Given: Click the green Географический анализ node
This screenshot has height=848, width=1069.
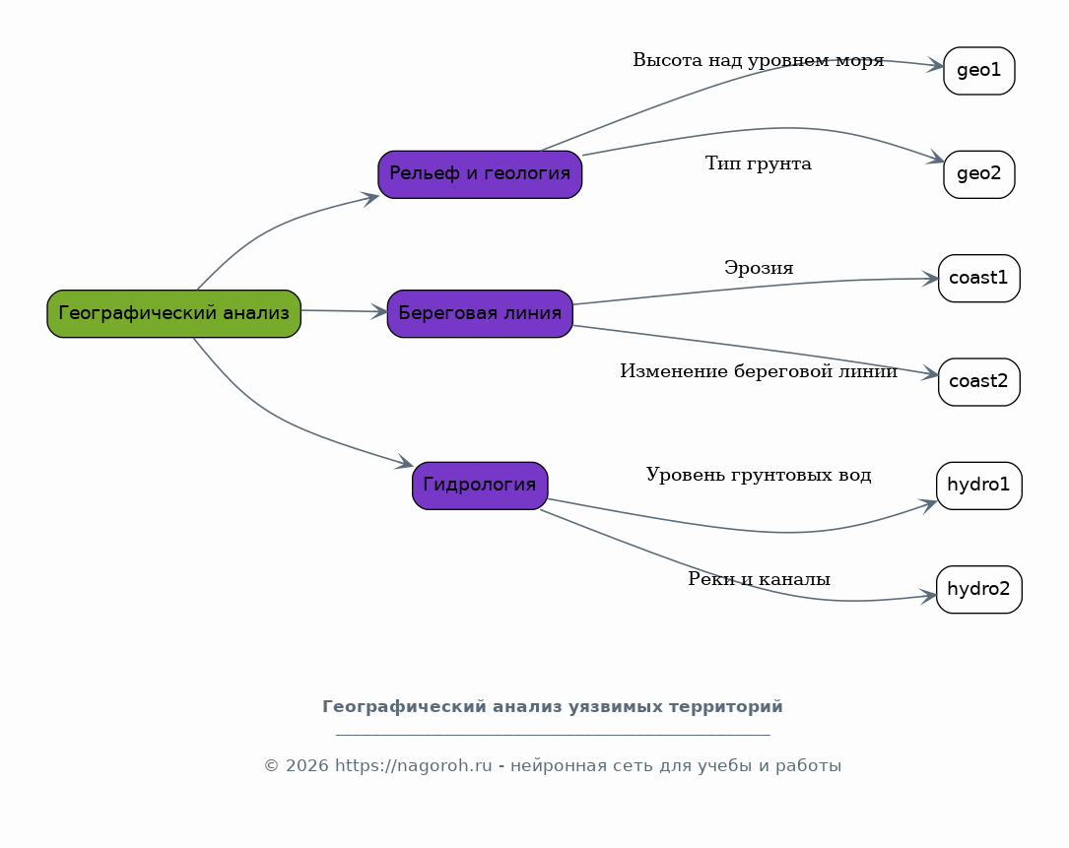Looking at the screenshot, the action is coord(173,313).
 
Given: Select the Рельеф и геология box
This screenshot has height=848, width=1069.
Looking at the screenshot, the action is coord(480,174).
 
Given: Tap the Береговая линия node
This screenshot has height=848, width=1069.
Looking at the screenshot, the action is coord(480,313).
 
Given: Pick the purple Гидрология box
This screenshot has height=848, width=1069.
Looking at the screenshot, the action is coord(480,486).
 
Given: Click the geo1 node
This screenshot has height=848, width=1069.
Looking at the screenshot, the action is coord(979,71).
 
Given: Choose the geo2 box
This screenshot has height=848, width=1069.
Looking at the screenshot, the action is coord(979,174).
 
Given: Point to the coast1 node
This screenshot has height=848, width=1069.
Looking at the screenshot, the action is coord(979,278).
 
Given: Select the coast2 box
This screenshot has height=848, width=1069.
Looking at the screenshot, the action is coord(979,382).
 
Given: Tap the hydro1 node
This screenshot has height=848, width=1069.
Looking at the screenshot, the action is coord(979,486).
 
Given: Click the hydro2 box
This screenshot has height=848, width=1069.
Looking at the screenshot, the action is coord(979,589).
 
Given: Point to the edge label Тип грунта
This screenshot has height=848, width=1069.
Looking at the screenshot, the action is coord(758,164).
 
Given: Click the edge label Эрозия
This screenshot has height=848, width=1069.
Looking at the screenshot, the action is coord(759,268).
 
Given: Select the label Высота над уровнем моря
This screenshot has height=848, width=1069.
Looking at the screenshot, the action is coord(758,61).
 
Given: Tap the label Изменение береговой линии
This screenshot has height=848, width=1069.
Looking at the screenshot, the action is coord(758,371).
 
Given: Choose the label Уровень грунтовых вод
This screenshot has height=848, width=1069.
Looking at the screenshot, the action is coord(758,475).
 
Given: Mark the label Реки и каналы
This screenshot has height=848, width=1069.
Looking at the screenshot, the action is coord(759,579).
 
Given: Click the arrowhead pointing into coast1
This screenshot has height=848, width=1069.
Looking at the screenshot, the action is coord(931,279).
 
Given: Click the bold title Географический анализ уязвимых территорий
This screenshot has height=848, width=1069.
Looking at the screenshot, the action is coord(552,707).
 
